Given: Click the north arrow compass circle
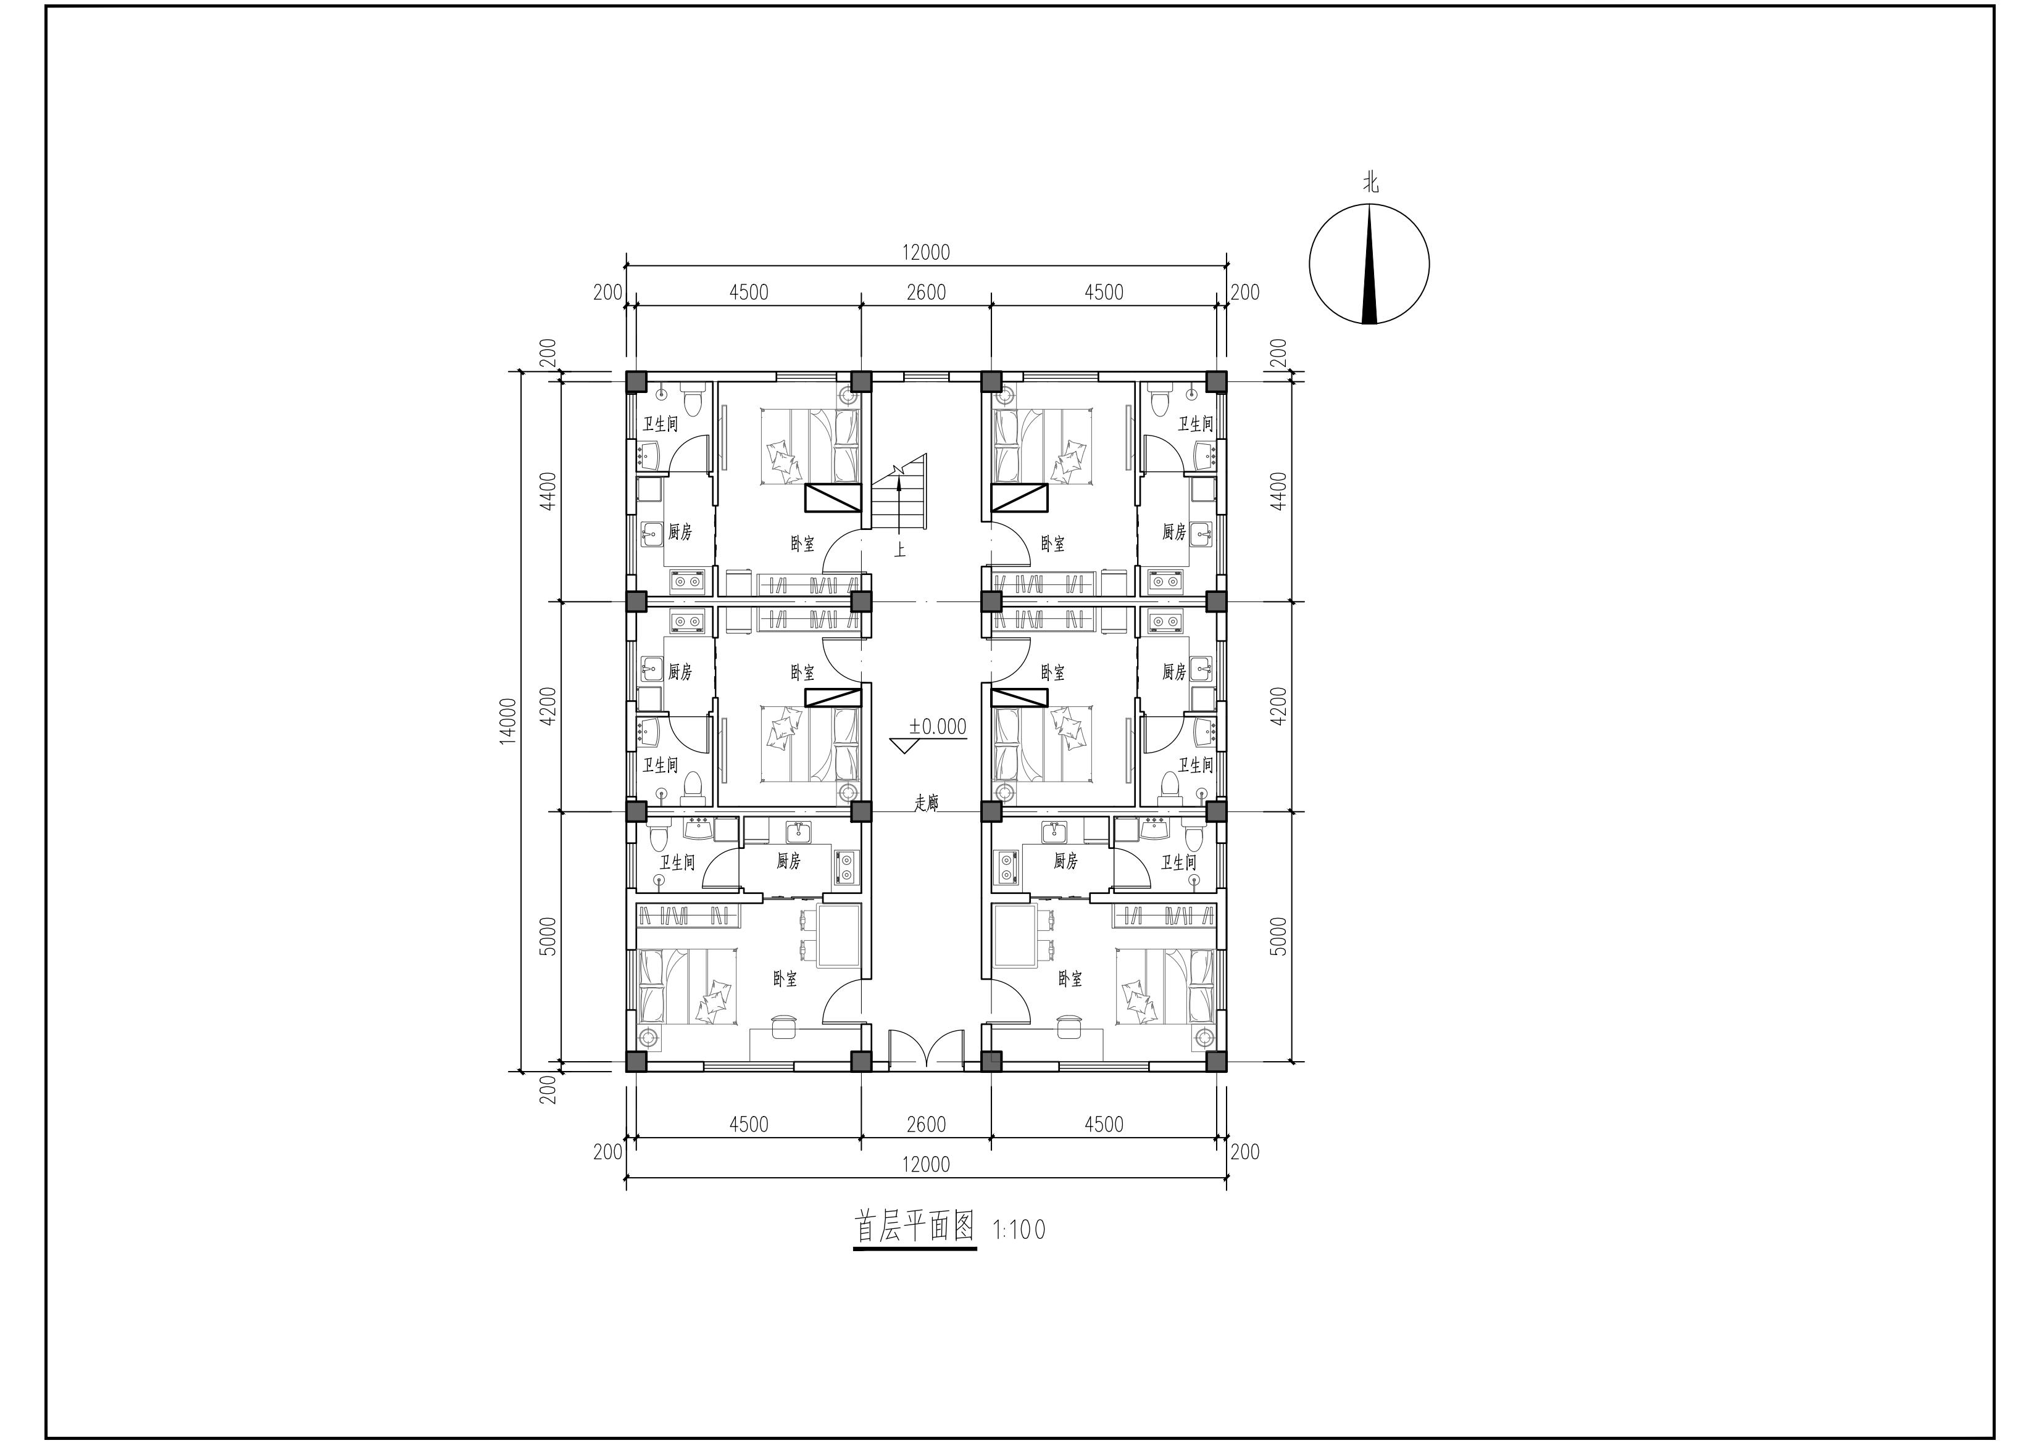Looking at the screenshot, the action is click(x=1309, y=264).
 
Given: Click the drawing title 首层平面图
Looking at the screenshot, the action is click(x=914, y=1228).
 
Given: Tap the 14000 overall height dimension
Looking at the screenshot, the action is click(x=507, y=721).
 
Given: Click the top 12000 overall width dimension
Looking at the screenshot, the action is click(x=926, y=252).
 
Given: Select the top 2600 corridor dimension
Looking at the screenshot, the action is click(x=926, y=292).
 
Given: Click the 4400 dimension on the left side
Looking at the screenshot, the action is click(x=549, y=491).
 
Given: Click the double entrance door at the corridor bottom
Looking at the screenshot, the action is click(x=926, y=1049).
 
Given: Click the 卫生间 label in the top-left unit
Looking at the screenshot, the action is click(x=660, y=424).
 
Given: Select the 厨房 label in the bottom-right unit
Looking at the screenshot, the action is click(x=1065, y=861).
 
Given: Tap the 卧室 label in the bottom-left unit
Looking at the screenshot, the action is click(x=785, y=979).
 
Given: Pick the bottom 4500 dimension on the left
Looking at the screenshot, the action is click(x=749, y=1124).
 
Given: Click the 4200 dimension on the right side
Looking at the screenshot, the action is click(x=1279, y=706).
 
